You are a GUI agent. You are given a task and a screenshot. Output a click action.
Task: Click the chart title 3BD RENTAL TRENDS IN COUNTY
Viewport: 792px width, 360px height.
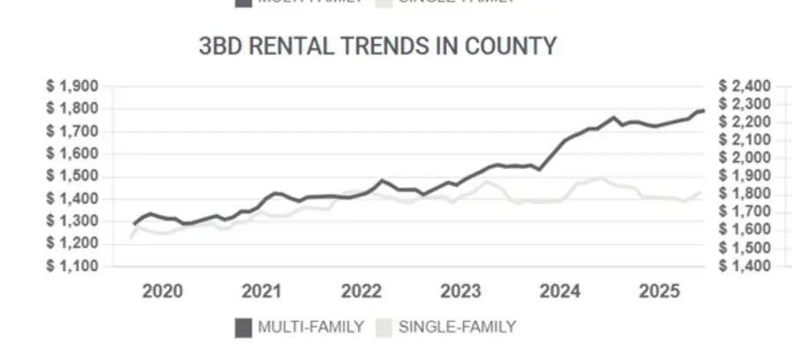[378, 46]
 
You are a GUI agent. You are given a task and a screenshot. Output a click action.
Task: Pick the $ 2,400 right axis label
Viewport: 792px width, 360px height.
[744, 86]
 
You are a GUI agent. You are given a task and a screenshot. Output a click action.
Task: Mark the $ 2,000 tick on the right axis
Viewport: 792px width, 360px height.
[744, 158]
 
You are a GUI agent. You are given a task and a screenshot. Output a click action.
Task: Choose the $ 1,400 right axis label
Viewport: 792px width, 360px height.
[744, 266]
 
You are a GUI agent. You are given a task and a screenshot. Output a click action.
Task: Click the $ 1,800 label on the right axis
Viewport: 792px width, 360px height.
[744, 194]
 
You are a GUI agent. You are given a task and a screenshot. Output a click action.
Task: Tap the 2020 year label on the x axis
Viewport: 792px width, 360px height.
[162, 292]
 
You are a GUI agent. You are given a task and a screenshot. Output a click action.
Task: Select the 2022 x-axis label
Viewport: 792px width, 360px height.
[361, 292]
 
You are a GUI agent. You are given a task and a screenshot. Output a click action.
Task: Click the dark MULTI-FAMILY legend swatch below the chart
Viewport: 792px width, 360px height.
[243, 327]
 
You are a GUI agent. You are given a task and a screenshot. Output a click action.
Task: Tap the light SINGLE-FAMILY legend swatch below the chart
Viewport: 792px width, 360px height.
[383, 327]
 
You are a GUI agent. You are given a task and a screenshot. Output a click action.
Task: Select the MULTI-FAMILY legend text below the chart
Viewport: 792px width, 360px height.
[311, 327]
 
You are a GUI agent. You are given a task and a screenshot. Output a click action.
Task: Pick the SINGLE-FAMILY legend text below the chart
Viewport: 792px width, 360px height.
[457, 327]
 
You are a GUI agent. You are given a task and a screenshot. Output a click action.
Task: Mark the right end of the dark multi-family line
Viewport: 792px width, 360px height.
[703, 110]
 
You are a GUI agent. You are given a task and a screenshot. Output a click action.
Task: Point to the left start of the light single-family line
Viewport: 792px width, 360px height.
[131, 237]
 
